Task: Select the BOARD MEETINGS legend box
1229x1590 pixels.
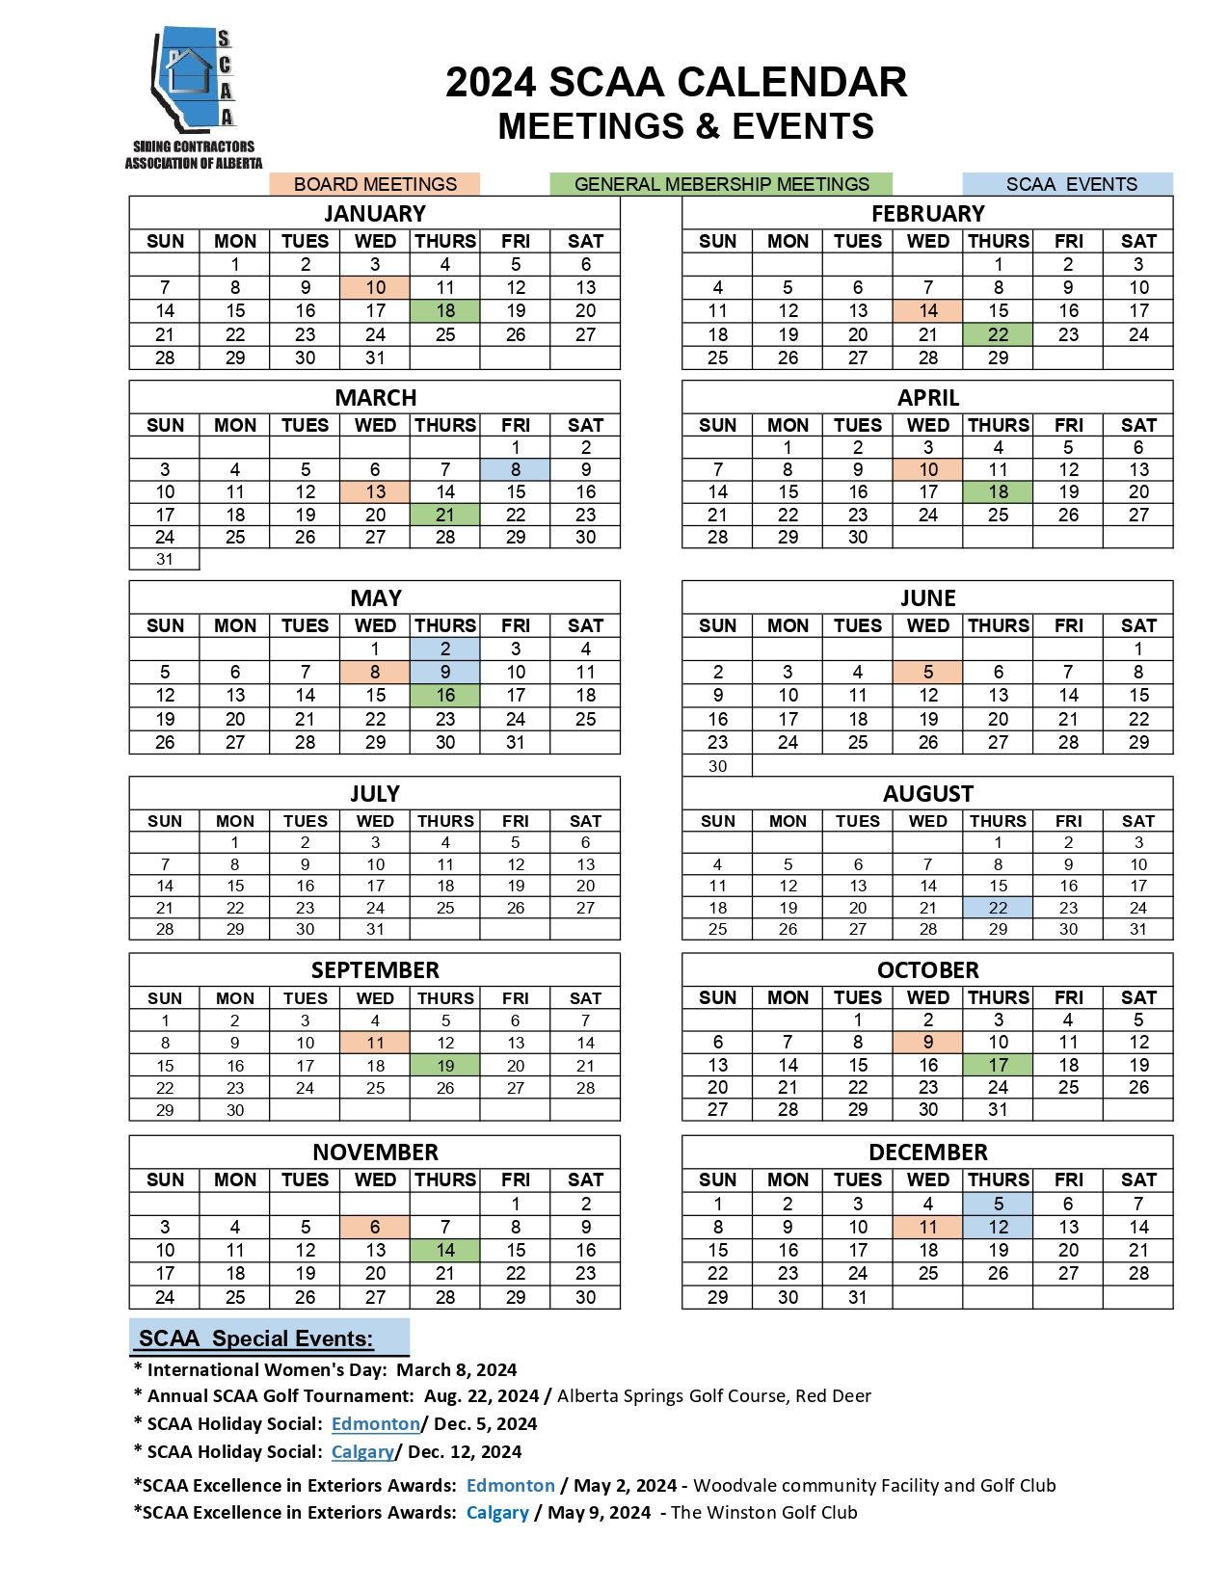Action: coord(375,184)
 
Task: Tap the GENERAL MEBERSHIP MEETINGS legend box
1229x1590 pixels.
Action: coord(721,184)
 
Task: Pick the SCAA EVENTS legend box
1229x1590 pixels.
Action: coord(1068,184)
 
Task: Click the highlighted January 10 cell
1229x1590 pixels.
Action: coord(375,287)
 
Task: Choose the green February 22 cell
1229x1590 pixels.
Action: coord(998,334)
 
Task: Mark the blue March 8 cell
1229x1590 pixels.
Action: coord(515,469)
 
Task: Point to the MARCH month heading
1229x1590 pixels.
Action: coord(375,398)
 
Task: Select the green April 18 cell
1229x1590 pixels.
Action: coord(998,492)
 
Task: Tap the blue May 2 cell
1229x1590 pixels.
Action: coord(444,649)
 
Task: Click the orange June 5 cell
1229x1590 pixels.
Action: coord(927,672)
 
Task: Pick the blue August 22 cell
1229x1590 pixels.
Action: coord(998,908)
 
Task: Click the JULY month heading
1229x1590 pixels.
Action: coord(375,794)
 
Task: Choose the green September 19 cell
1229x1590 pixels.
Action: coord(444,1066)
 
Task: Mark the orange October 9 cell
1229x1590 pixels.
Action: coord(927,1043)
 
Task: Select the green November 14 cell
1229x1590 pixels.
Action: coord(444,1251)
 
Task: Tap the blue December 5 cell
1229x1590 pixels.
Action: coord(998,1204)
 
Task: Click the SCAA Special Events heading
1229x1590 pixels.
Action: coord(256,1338)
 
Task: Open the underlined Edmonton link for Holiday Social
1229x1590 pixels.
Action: coord(375,1424)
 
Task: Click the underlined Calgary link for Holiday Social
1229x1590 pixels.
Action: coord(362,1452)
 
